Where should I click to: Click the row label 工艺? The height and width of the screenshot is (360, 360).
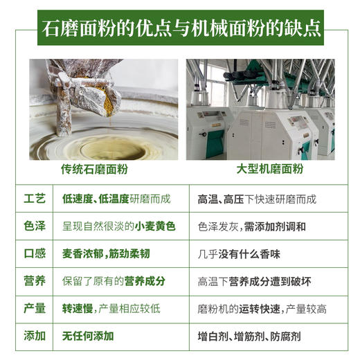click(x=35, y=199)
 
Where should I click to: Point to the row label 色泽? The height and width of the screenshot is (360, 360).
click(x=35, y=226)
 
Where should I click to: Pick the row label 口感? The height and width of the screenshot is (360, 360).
click(x=35, y=253)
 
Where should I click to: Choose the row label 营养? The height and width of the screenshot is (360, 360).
click(x=35, y=281)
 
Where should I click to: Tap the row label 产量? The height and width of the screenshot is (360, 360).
click(x=35, y=309)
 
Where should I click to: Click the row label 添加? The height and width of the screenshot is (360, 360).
click(x=35, y=336)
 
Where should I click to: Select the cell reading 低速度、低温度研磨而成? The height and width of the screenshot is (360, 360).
click(x=117, y=199)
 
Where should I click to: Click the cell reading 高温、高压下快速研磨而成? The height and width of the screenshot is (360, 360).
click(x=257, y=199)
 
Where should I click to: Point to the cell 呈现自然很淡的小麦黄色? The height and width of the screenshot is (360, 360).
click(x=118, y=226)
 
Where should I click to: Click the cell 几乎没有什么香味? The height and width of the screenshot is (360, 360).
click(x=239, y=253)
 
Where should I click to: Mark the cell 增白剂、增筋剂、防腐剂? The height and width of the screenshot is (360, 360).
click(x=249, y=336)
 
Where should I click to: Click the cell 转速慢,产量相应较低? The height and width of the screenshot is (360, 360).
click(x=111, y=309)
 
